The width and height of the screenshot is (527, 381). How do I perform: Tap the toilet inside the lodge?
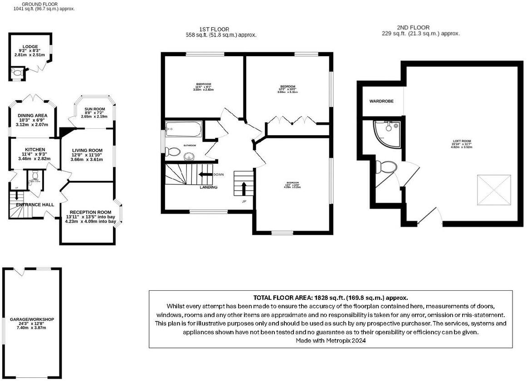tap(17, 72)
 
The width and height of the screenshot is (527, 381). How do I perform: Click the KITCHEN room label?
tap(34, 149)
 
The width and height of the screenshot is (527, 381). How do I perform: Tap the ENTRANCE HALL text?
tap(35, 205)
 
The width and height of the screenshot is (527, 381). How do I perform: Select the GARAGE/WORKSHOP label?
tap(32, 319)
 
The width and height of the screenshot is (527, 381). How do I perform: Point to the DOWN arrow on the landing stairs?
tap(205, 175)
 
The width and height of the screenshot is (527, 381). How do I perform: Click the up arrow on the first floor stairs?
tap(243, 186)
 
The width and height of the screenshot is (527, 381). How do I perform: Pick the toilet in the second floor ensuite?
tap(388, 167)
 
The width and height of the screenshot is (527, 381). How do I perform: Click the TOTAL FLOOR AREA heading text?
tap(330, 298)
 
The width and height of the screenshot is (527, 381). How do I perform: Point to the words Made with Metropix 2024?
tap(330, 340)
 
